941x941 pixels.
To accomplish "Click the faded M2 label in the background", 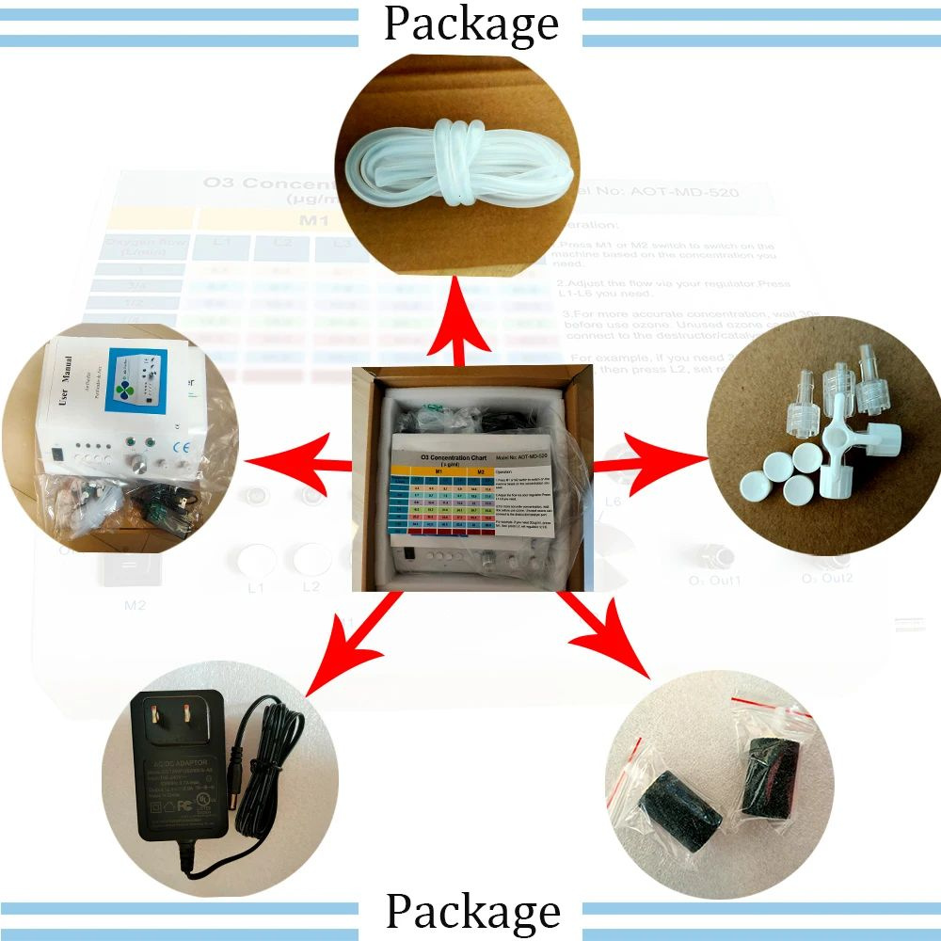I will tap(135, 603).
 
